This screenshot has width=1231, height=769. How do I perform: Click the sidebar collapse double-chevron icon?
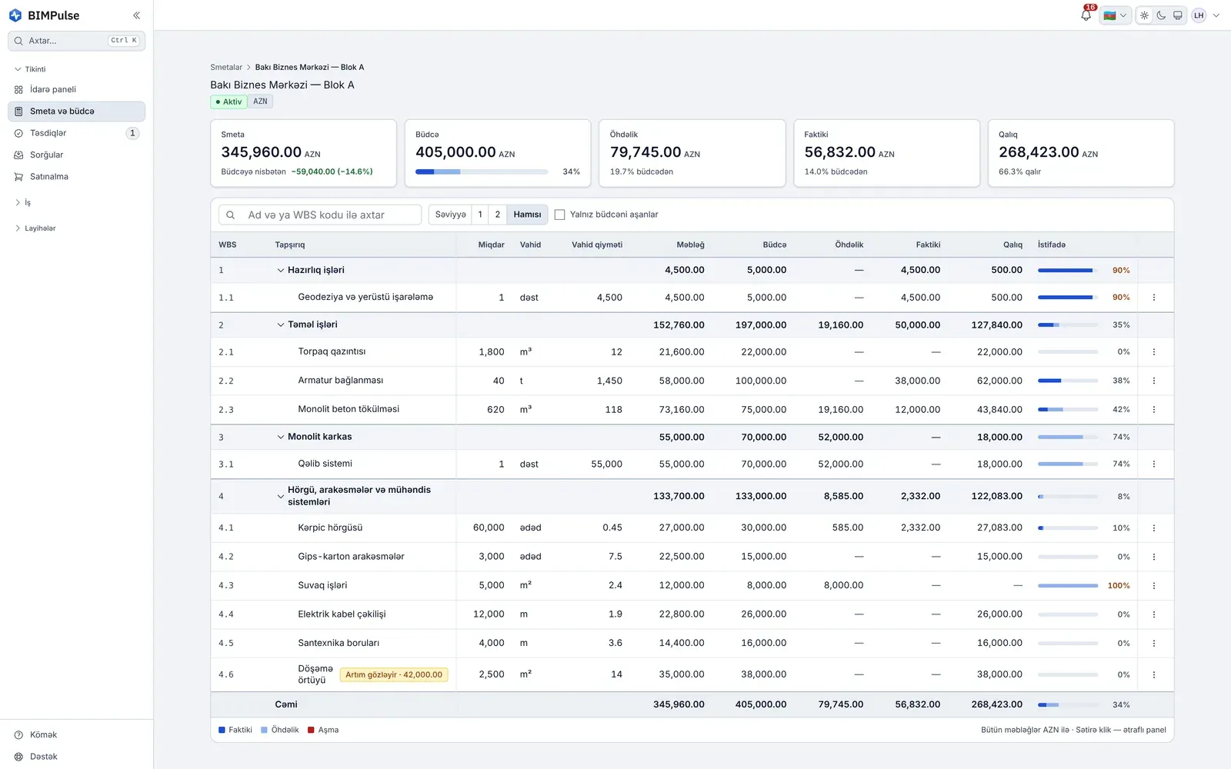coord(136,15)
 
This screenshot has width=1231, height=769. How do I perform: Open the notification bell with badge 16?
coord(1086,15)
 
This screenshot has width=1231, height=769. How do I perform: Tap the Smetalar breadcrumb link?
coord(226,67)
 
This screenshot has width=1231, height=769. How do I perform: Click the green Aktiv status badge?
coord(229,102)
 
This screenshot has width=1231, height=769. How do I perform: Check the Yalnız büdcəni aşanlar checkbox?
coord(559,215)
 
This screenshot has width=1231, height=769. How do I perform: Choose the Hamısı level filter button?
coord(527,215)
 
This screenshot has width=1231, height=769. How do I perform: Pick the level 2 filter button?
coord(497,215)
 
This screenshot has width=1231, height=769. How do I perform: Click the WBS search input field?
coord(320,215)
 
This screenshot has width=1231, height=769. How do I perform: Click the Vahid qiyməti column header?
coord(597,245)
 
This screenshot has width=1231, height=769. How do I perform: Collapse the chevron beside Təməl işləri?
coord(280,325)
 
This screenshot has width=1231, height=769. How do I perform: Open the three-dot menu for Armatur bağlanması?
coord(1153,381)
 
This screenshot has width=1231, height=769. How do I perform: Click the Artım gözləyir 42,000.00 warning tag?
coord(393,674)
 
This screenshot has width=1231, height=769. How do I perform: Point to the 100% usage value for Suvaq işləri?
coord(1119,585)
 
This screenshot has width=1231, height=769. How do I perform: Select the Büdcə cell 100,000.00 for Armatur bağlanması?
coord(761,381)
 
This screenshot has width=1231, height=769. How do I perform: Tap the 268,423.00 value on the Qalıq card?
coord(1039,151)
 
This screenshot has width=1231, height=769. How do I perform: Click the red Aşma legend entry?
coord(323,730)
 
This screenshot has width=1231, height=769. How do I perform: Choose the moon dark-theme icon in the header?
coord(1161,15)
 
